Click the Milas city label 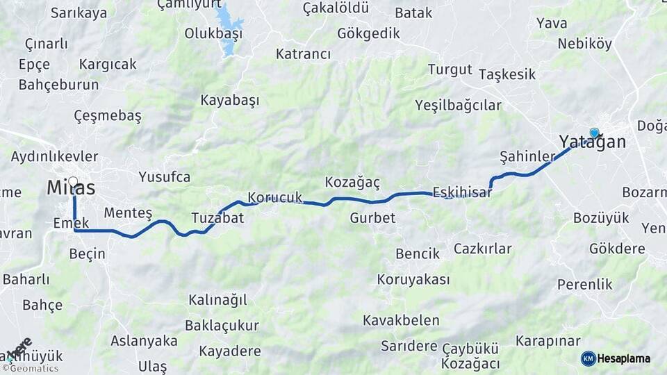pyautogui.click(x=71, y=187)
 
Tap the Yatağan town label pyautogui.click(x=592, y=142)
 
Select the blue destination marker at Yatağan pyautogui.click(x=594, y=132)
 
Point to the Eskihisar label pyautogui.click(x=462, y=192)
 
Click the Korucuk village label pyautogui.click(x=275, y=197)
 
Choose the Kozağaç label pyautogui.click(x=352, y=182)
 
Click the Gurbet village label pyautogui.click(x=372, y=218)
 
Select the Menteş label pyautogui.click(x=127, y=212)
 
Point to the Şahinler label pyautogui.click(x=527, y=156)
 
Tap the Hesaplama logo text pyautogui.click(x=624, y=359)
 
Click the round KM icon pyautogui.click(x=588, y=358)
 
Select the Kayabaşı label pyautogui.click(x=229, y=101)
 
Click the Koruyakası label pyautogui.click(x=413, y=280)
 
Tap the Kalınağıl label pyautogui.click(x=217, y=300)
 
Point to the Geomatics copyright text pyautogui.click(x=33, y=368)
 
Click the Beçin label pyautogui.click(x=88, y=253)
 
